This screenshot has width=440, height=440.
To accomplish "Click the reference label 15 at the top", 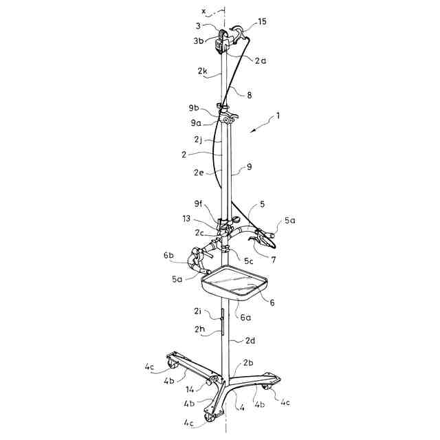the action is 262,22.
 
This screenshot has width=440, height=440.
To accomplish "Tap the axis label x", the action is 203,11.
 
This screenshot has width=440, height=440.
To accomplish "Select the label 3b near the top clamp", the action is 197,41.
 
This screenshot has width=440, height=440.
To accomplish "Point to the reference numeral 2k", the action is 202,71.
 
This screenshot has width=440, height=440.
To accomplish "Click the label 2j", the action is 198,140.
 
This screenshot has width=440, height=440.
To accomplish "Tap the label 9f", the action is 199,203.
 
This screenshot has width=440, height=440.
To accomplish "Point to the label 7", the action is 274,259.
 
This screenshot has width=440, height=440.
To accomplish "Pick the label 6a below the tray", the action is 244,317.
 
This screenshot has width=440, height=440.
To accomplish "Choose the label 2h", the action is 201,329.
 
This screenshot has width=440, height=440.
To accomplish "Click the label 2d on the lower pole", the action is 251,340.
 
